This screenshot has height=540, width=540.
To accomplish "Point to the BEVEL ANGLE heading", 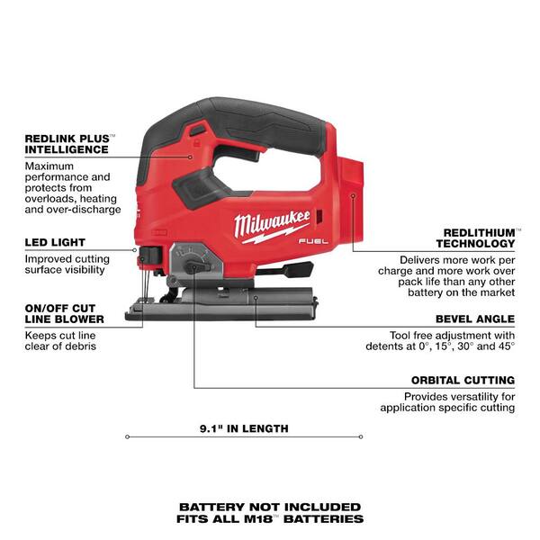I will coord(474,319).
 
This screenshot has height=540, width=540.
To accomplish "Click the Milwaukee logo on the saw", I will coord(272,224).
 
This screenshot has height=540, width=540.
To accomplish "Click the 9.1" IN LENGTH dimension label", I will coord(244,428).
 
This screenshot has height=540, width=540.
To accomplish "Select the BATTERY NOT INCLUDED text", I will coord(270,507).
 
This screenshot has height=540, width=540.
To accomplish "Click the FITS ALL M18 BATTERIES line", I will coord(270,519).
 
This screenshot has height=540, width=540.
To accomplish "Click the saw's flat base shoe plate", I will coord(225,309).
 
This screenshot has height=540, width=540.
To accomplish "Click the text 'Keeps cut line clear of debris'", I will coord(60,340).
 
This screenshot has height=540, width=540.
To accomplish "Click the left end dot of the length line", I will coord(127,438).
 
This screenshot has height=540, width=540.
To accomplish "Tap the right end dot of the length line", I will coord(362,438).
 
